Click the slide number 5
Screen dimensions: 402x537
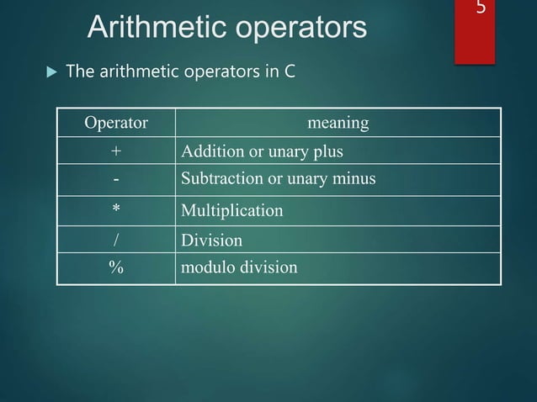pyautogui.click(x=481, y=10)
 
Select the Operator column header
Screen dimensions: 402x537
pyautogui.click(x=116, y=124)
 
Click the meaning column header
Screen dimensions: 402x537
pyautogui.click(x=338, y=124)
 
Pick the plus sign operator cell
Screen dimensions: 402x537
pyautogui.click(x=116, y=152)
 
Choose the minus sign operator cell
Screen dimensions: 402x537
pyautogui.click(x=116, y=180)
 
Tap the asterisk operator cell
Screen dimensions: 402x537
pyautogui.click(x=116, y=209)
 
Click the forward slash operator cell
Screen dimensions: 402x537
pyautogui.click(x=116, y=241)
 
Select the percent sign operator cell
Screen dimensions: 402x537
pyautogui.click(x=116, y=268)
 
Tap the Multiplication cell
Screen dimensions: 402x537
pyautogui.click(x=232, y=210)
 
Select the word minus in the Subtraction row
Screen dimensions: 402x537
pyautogui.click(x=354, y=180)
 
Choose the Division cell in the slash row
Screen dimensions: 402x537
pyautogui.click(x=212, y=241)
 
